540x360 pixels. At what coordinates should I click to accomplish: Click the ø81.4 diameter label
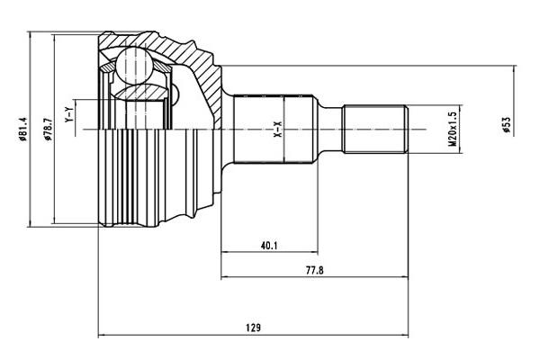22,130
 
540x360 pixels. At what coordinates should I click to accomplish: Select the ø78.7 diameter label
48,130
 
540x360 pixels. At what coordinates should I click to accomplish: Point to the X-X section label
278,130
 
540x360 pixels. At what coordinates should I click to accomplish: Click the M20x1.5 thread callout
453,129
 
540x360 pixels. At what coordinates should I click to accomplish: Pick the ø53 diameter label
506,125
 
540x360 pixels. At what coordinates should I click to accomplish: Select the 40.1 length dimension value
269,246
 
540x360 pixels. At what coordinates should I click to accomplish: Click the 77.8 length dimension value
314,270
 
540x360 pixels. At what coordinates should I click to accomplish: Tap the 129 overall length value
253,328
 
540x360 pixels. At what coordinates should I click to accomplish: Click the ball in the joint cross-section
134,66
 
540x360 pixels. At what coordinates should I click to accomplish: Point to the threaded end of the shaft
375,130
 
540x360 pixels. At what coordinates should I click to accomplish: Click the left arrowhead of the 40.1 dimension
225,252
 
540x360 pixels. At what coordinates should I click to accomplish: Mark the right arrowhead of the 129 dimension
404,335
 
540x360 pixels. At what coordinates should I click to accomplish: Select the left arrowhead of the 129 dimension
103,335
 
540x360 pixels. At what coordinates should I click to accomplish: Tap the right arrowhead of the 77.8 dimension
404,276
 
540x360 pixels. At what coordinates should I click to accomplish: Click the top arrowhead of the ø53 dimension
515,69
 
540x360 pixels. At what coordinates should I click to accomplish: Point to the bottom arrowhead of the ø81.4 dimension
31,222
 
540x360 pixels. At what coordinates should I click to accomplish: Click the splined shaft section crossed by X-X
274,130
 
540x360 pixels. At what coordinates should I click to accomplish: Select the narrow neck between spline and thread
330,130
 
